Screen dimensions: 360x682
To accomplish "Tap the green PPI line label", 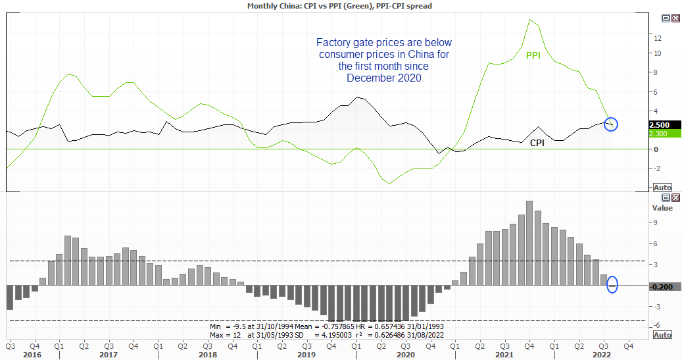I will (533, 56).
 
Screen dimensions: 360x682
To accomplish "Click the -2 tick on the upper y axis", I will (655, 168).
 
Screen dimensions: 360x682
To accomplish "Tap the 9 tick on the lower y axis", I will (656, 222).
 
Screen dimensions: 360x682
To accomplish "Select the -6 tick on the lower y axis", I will (655, 326).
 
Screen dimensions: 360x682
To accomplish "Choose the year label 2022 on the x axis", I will (602, 355).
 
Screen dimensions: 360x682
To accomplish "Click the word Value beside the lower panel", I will (662, 208).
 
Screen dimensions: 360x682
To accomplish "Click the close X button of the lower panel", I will (675, 197).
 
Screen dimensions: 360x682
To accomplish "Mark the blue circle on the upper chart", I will (610, 122).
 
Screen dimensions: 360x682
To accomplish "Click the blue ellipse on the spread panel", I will (613, 284).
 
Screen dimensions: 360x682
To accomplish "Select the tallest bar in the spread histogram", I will (529, 243).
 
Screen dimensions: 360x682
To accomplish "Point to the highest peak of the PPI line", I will (530, 20).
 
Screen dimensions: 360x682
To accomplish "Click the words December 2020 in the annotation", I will (384, 78).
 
